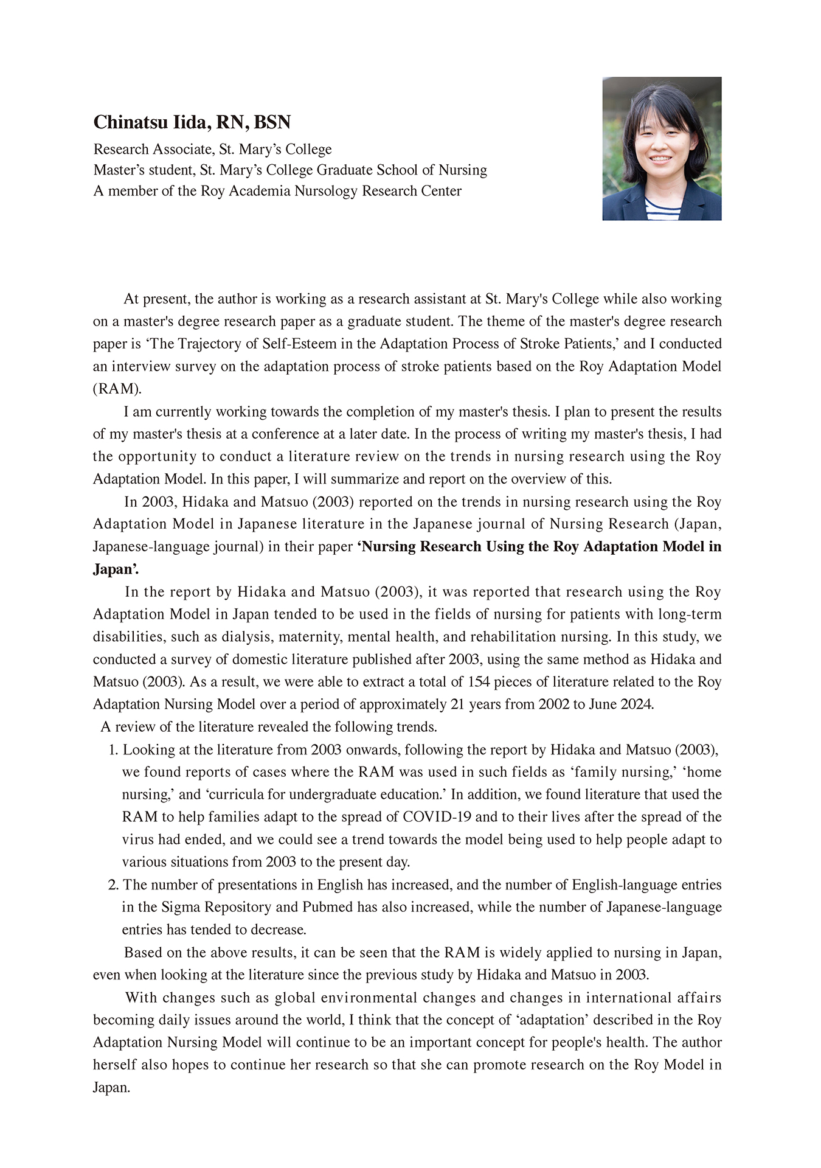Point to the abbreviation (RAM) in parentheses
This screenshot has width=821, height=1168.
[117, 389]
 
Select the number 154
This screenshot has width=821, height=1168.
[478, 682]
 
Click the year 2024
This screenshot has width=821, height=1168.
[636, 704]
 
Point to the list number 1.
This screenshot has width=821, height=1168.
[113, 750]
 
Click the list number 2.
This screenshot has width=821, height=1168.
[113, 885]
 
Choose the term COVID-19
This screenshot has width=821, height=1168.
[437, 817]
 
